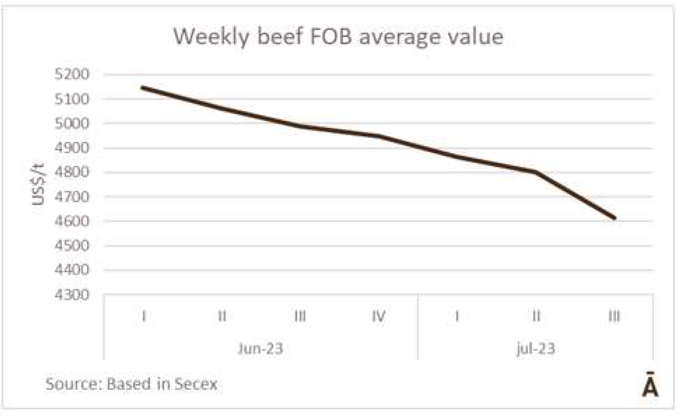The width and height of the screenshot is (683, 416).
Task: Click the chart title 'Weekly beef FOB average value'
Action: [x=338, y=37]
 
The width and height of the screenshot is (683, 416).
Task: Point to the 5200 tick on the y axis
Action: [x=73, y=74]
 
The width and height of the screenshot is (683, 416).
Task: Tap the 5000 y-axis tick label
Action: [x=73, y=123]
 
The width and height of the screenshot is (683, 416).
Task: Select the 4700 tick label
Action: [x=73, y=197]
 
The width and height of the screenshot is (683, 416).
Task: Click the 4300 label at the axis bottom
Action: [x=73, y=294]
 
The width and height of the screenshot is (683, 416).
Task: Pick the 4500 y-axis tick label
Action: [x=73, y=246]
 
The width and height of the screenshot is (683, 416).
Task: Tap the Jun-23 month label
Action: [x=261, y=349]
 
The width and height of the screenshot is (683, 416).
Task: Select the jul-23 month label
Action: [x=535, y=349]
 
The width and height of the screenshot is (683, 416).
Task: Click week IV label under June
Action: [x=378, y=316]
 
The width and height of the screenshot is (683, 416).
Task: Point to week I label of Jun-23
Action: [x=143, y=316]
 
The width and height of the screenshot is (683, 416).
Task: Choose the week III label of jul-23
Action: [x=614, y=316]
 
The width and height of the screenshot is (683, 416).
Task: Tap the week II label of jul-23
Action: [x=535, y=316]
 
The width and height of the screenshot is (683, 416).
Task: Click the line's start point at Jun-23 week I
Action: [x=143, y=88]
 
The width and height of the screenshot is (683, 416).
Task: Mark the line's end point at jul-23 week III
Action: [x=615, y=218]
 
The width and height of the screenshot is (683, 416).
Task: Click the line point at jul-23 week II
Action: [x=535, y=172]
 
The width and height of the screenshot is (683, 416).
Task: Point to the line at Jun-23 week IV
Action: [x=378, y=136]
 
